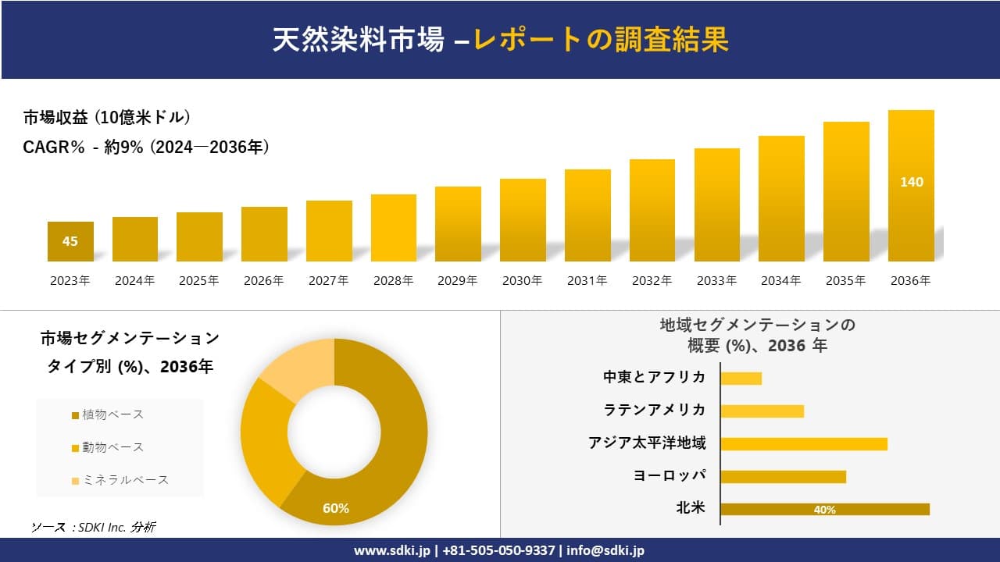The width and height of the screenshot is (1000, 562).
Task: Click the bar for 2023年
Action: pos(70,241)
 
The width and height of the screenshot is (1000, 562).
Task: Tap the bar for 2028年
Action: pos(394,228)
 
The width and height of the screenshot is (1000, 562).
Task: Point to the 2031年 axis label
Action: pos(587,281)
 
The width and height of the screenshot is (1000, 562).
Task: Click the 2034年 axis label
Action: pos(780,281)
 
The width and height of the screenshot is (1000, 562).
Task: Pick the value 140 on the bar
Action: pos(911,182)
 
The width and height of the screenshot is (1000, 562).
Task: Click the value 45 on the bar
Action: pos(70,241)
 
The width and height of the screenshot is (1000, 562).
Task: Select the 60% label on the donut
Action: pos(336,508)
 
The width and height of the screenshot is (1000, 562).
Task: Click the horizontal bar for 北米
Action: pos(825,509)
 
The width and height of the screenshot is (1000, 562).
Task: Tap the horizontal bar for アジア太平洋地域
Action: pos(804,443)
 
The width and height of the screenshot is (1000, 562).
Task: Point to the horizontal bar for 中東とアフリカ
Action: pos(741,378)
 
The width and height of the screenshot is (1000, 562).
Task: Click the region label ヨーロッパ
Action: pos(670,475)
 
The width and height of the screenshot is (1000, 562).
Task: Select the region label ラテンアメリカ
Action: pos(654,410)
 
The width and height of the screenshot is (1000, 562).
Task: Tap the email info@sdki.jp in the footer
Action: pos(605,550)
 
